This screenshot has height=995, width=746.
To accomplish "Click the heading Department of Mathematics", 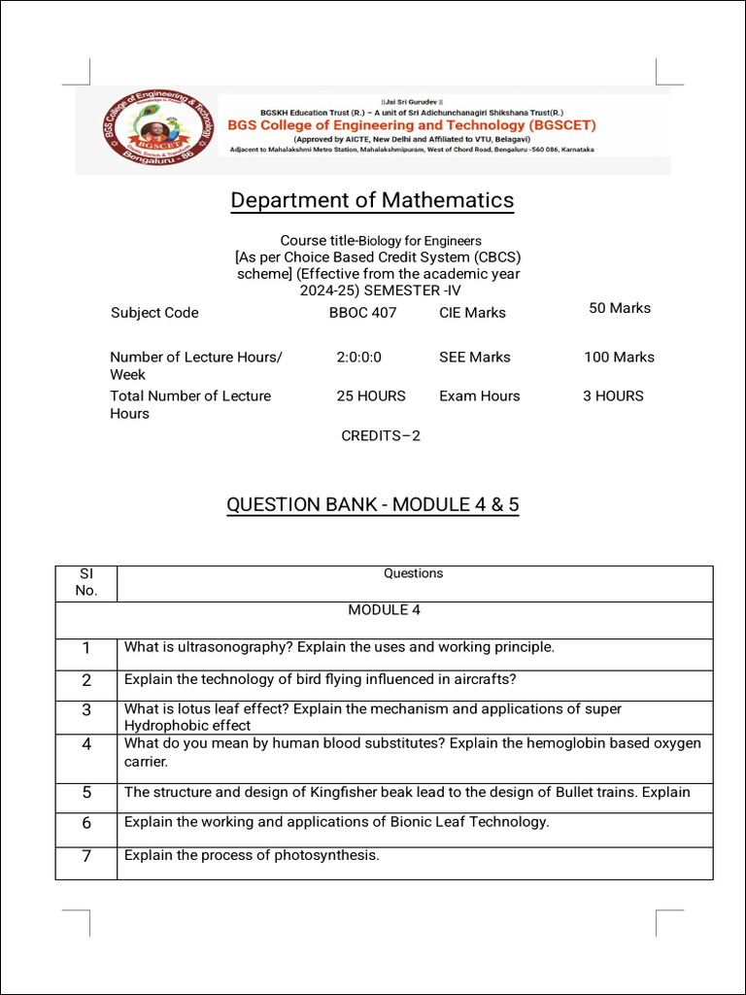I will coord(372,200).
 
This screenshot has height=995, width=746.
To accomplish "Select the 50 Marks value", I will coord(620,308).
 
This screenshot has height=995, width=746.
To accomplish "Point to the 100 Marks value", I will coord(619,358).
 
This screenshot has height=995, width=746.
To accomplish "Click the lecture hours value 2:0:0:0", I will coord(358,358).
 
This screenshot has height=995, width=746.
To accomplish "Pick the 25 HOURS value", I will coord(371,396).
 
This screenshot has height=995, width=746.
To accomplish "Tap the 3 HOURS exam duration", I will coord(613,396).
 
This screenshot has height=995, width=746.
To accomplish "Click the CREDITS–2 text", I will coord(381,436).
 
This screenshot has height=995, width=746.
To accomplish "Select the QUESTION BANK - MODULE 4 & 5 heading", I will coord(372,505).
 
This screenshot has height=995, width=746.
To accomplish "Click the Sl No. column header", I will coord(86,582).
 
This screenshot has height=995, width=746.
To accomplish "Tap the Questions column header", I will coord(413,573).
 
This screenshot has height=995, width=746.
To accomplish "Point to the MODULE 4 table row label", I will coord(384,610).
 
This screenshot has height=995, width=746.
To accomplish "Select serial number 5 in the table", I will coord(86,793).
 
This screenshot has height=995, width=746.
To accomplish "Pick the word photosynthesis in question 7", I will coord(328,856).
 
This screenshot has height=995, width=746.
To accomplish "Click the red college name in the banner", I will coord(412,125).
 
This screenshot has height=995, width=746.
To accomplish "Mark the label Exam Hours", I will coord(479,396).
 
